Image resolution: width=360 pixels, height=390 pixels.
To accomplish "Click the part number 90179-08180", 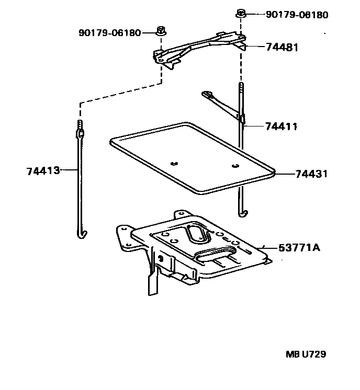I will tap(297, 15).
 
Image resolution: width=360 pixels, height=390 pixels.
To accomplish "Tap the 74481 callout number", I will tap(282, 48).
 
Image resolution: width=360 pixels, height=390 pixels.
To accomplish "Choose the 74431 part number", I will tap(311, 174).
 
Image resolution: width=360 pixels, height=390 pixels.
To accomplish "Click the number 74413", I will tap(43, 170).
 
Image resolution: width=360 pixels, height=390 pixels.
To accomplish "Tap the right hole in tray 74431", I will tap(235, 166).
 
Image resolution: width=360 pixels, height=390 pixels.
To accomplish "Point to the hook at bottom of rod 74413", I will tap(81, 232).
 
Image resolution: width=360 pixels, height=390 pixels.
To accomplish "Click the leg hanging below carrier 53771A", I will tap(152, 282).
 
